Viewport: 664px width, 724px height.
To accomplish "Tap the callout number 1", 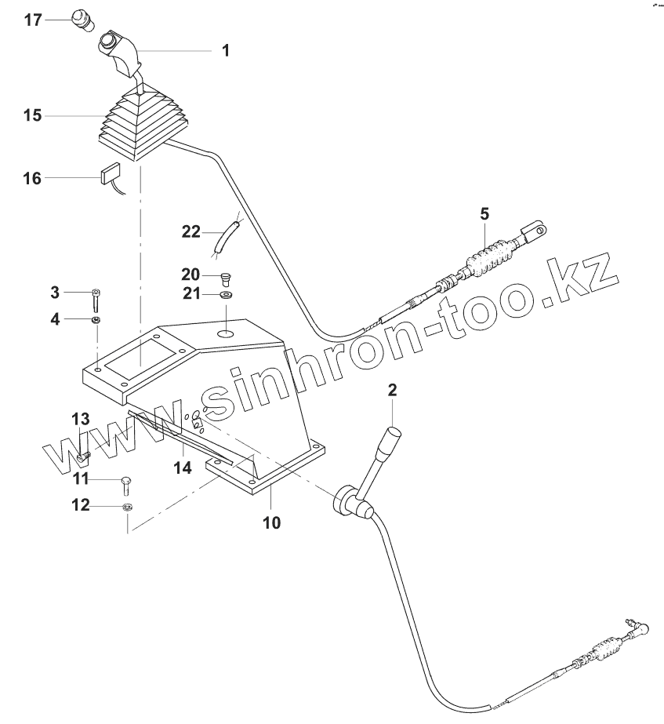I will [x=226, y=52].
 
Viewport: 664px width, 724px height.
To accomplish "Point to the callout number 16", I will [x=31, y=179].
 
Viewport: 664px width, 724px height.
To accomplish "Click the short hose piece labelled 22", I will [x=227, y=238].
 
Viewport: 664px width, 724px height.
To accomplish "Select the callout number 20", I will [x=190, y=275].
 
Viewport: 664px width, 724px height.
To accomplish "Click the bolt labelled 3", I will [x=96, y=298].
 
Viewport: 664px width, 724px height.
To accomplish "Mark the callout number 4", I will [x=55, y=319].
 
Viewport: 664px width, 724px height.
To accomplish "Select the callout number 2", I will [x=393, y=390].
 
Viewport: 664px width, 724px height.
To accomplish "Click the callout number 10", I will [x=270, y=522].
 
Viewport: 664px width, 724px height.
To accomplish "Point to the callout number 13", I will [x=82, y=418].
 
